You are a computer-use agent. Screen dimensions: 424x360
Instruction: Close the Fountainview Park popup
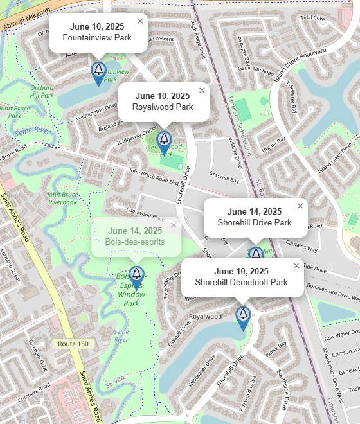pos(140,21)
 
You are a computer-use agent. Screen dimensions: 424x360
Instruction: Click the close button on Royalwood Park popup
pos(202,90)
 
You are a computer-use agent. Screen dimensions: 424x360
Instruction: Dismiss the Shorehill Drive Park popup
pos(300,206)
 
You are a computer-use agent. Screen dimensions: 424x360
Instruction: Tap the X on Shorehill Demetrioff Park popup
pos(296,265)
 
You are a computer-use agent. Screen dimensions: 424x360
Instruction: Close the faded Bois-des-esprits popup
pos(173,225)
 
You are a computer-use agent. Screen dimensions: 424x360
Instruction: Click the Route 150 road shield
pos(73,344)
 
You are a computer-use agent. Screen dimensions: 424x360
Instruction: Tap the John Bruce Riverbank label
pos(62,197)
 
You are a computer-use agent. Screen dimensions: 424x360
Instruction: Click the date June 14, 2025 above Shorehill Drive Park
pos(254,211)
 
